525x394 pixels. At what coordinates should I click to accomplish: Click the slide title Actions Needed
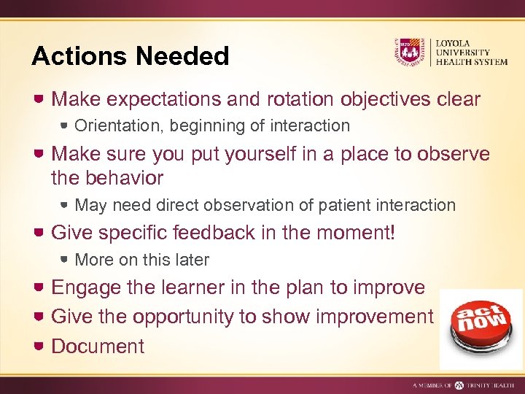pyautogui.click(x=131, y=56)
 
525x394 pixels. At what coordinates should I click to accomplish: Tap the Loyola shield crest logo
pyautogui.click(x=409, y=52)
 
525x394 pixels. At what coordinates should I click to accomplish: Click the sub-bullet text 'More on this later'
pyautogui.click(x=141, y=260)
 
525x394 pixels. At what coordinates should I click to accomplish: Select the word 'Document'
pyautogui.click(x=98, y=347)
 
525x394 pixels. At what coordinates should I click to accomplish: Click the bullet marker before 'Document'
pyautogui.click(x=41, y=346)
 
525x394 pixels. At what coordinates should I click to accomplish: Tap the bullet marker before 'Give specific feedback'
pyautogui.click(x=41, y=233)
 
